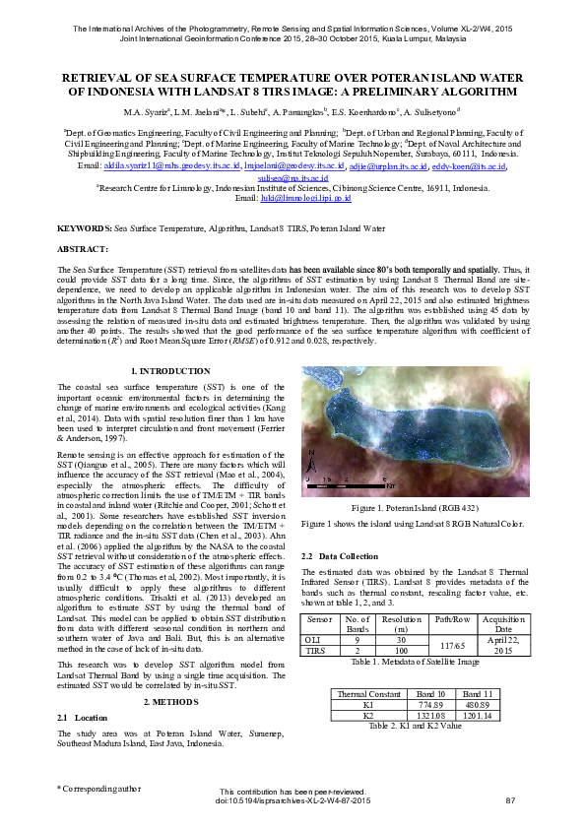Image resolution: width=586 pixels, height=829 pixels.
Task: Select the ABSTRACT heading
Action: pos(83,249)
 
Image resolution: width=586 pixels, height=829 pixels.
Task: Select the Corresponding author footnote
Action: pos(99,788)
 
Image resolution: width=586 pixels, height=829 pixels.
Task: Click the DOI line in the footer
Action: pos(293,800)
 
